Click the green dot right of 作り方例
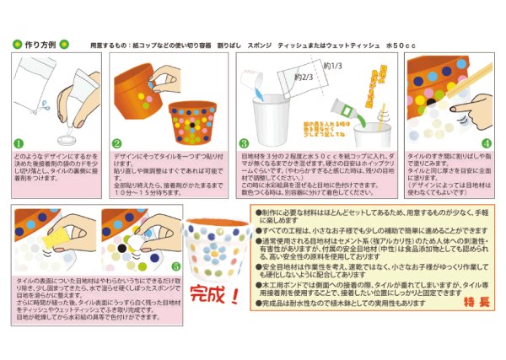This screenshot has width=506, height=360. (x=63, y=43)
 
